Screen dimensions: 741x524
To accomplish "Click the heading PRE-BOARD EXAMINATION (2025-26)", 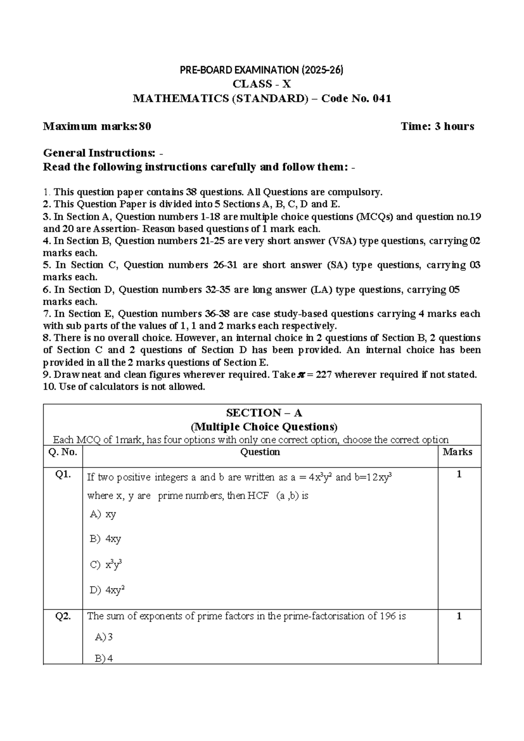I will tap(262, 70).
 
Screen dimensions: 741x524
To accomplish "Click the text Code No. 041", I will tap(356, 99).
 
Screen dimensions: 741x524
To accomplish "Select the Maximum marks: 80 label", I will tap(97, 127).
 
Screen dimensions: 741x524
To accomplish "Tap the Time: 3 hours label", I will tap(437, 127).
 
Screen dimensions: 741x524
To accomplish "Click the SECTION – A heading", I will tap(264, 413).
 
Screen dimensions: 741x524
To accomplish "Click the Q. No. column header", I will tap(62, 452).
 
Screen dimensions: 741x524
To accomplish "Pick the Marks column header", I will tap(457, 452).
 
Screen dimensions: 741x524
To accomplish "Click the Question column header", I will tap(260, 452).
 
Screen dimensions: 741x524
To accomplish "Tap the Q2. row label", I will tap(63, 616).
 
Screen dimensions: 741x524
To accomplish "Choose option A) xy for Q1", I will tap(103, 514).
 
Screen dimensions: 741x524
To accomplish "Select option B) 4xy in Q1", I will tap(105, 539).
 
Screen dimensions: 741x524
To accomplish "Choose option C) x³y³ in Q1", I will tap(106, 564).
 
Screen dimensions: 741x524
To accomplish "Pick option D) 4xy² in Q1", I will tap(107, 591).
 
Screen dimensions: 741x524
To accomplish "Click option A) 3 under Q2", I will tap(104, 637).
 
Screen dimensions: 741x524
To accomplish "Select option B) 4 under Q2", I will tap(104, 658).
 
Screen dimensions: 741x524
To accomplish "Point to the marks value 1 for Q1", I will tap(459, 475).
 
